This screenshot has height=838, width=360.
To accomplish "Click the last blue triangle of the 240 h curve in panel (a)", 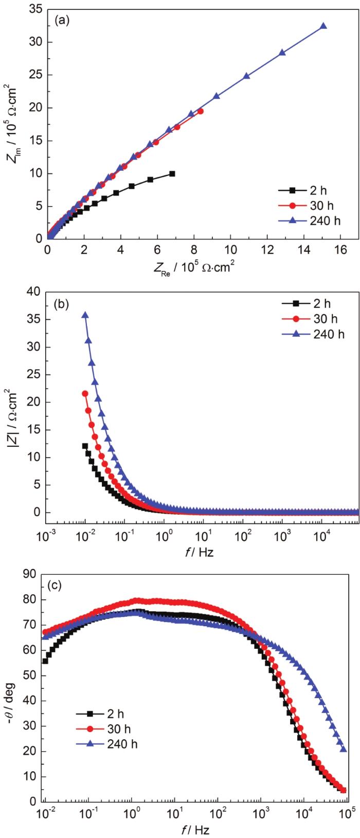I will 323,26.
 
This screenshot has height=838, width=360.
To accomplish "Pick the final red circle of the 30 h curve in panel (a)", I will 200,111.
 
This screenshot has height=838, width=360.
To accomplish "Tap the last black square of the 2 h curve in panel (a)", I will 172,174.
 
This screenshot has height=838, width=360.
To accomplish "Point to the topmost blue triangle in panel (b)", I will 85,315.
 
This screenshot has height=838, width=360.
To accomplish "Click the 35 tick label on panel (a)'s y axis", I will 34,9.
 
